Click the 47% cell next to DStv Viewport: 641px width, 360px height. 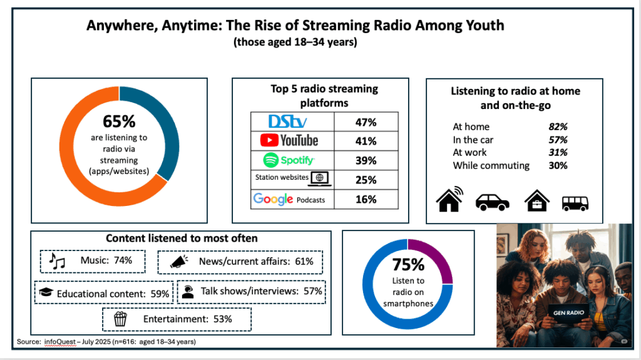365,121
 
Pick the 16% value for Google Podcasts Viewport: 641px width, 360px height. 365,199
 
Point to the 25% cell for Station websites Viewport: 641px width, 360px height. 365,180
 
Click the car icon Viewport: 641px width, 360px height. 493,202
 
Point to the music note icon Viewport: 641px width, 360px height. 57,261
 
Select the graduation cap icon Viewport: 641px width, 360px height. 45,292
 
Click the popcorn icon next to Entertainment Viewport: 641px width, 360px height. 120,319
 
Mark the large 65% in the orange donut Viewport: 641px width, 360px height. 118,121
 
